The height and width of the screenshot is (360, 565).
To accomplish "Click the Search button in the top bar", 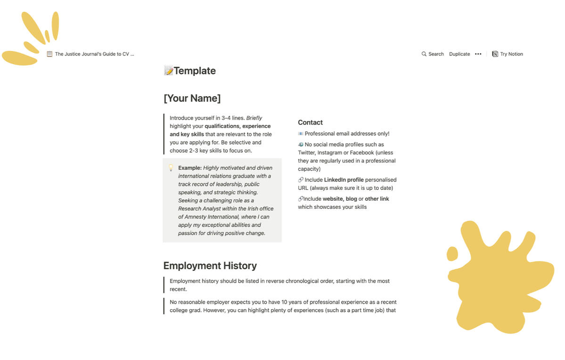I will [433, 54].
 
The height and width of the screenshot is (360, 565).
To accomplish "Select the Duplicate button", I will [459, 54].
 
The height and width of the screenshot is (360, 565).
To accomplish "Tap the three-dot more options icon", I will [478, 54].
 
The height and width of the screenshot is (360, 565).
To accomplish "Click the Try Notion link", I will [511, 54].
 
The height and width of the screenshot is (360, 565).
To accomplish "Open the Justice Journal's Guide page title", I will [94, 54].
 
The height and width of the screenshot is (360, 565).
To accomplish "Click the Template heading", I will [194, 71].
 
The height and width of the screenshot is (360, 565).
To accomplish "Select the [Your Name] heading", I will [192, 98].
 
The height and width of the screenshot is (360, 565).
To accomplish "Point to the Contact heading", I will [310, 123].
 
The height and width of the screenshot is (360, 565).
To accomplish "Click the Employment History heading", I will [210, 266].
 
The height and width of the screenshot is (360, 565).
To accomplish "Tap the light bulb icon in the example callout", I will [171, 168].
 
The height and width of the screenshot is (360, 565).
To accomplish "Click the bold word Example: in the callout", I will [189, 168].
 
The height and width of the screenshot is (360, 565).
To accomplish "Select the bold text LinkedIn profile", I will [344, 180].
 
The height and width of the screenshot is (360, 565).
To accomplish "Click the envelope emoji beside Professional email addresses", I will [301, 134].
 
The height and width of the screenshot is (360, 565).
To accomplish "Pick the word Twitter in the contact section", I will [307, 153].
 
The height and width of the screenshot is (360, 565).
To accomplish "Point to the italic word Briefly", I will [254, 118].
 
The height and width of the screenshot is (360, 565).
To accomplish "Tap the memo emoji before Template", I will [168, 71].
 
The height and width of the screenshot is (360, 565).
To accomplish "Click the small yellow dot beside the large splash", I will [452, 254].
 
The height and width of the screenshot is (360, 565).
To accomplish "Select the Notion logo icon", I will [495, 54].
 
